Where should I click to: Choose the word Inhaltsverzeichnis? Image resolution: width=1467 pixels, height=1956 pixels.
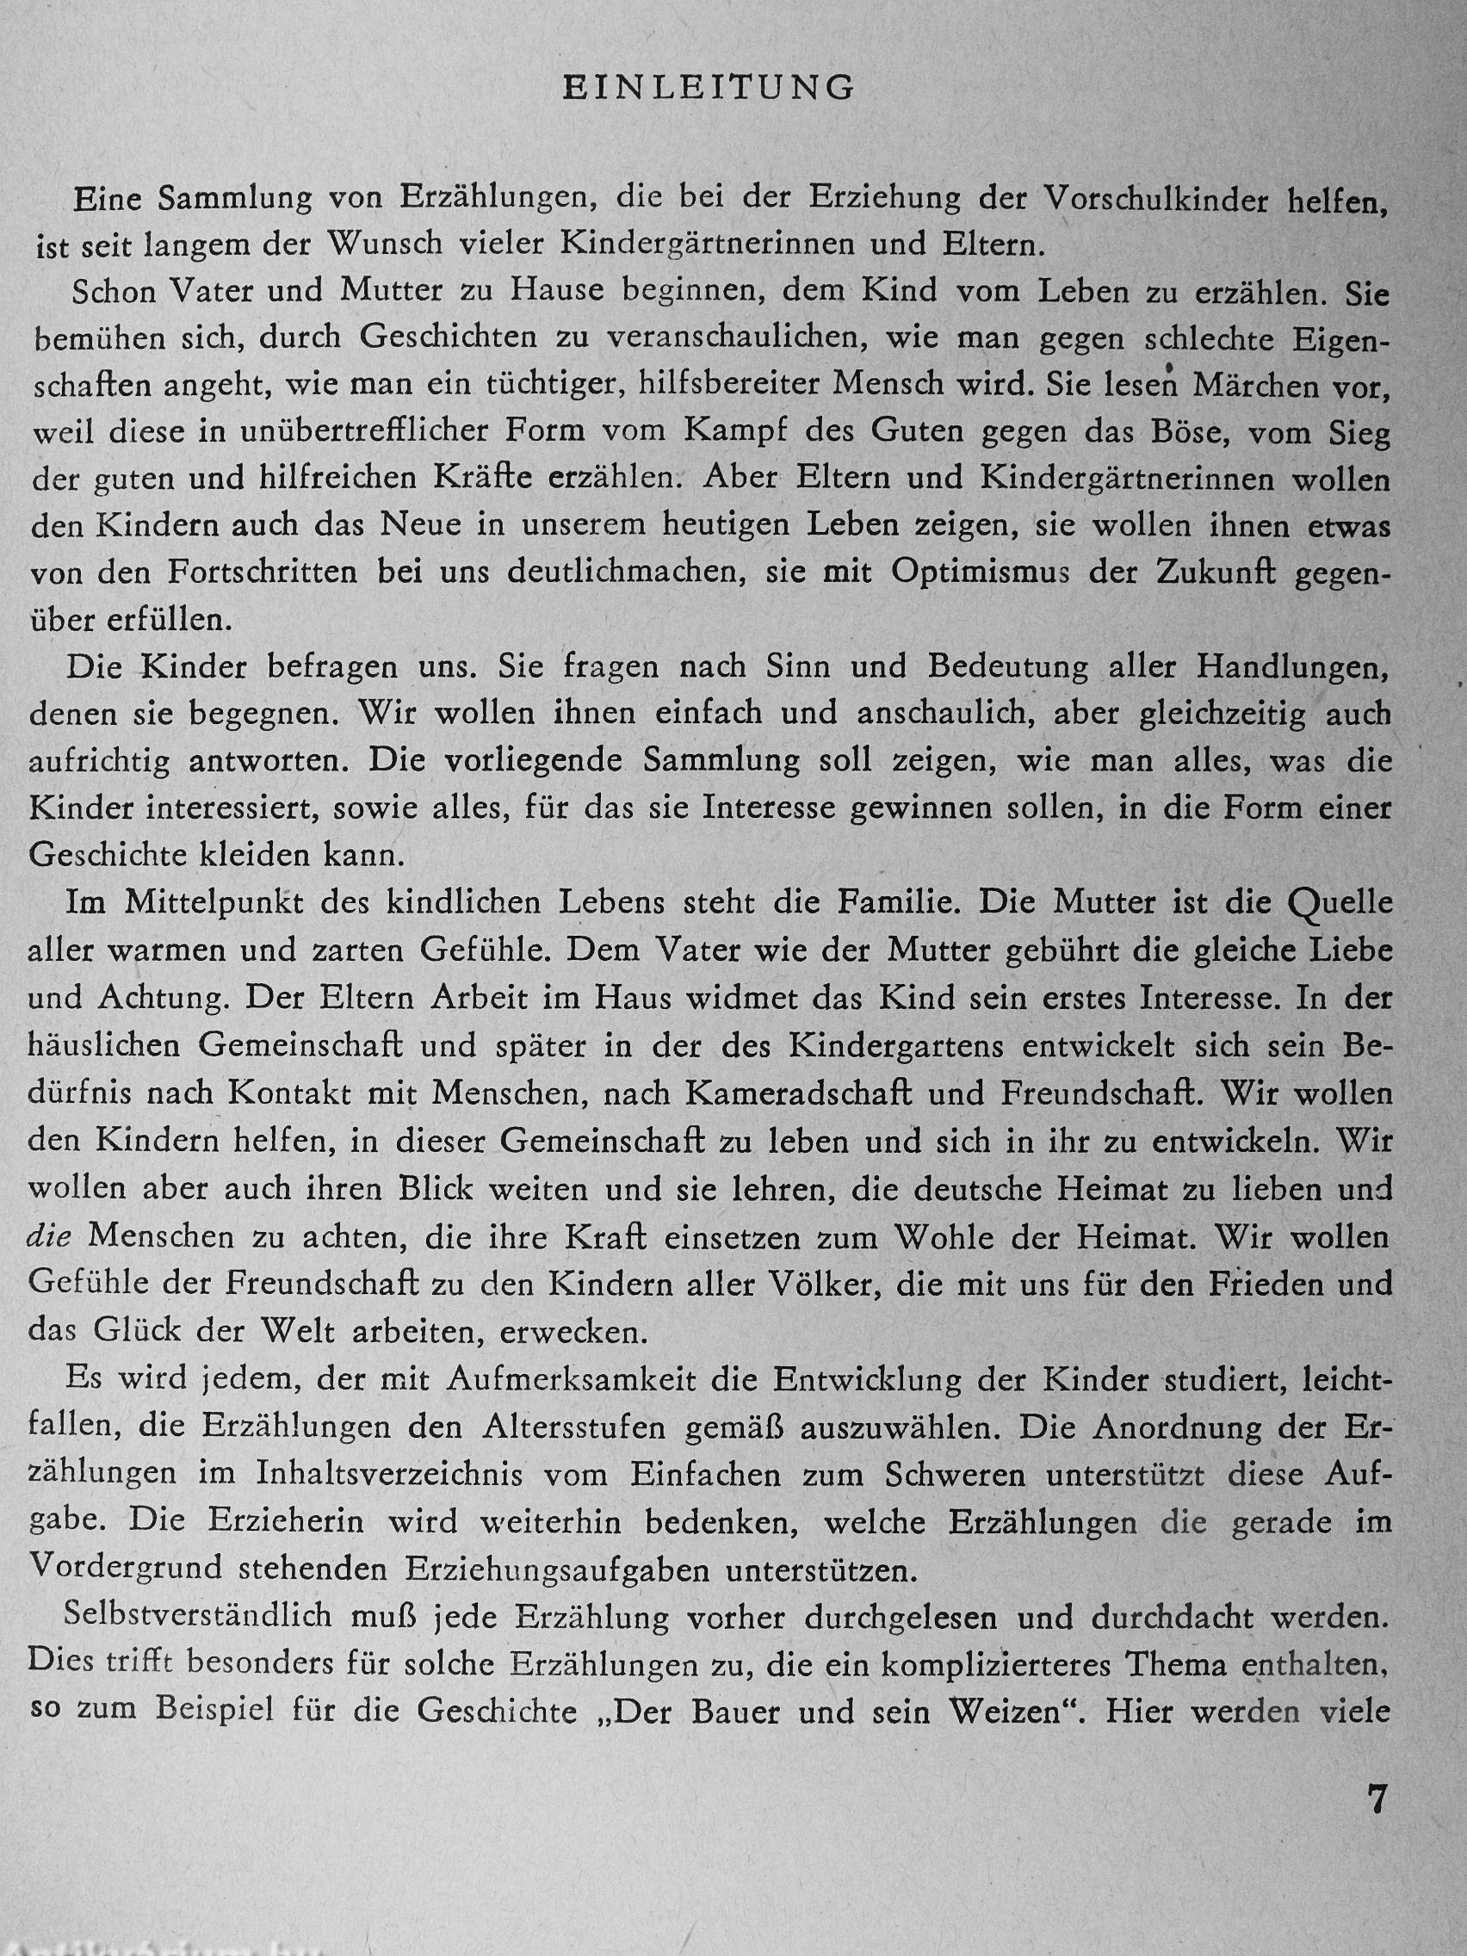(x=393, y=1474)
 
